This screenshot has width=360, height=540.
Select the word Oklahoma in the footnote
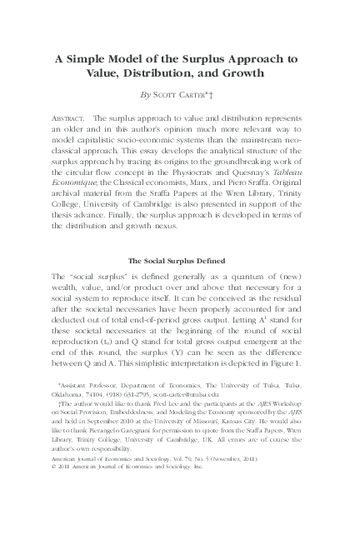pos(70,395)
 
